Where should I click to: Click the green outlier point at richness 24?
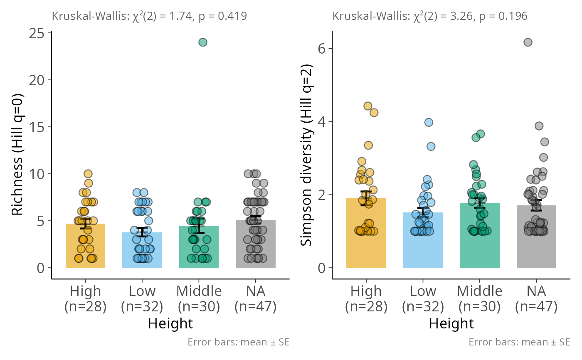(203, 42)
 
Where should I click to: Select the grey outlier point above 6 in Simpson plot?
(528, 42)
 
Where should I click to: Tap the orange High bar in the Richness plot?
(85, 249)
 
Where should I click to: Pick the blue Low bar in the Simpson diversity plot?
(423, 249)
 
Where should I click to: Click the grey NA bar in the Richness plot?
(256, 249)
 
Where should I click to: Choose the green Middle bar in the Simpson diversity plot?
(480, 249)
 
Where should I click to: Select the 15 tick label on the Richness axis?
(39, 127)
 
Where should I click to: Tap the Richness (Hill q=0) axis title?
(17, 150)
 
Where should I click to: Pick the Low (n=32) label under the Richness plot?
(142, 298)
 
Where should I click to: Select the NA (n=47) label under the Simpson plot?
(536, 298)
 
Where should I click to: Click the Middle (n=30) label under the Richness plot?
(199, 298)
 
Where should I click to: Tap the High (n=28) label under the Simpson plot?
(366, 298)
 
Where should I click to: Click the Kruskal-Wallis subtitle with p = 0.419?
(150, 16)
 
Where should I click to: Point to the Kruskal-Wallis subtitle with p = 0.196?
(430, 16)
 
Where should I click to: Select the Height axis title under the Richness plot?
(170, 323)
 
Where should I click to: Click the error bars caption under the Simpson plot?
(519, 342)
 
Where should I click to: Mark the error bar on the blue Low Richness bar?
(142, 232)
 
